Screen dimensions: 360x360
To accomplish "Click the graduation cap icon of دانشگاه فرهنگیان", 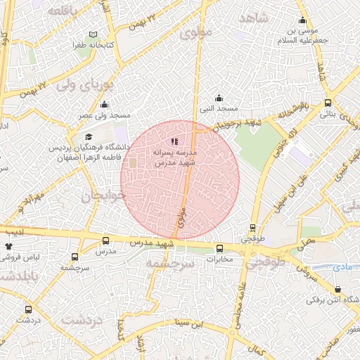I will pos(88,137).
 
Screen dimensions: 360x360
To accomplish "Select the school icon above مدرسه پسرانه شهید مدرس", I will pos(174,141).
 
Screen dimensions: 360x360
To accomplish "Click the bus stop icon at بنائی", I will pos(328,102).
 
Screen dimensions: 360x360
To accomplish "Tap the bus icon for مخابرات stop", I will pos(219,248).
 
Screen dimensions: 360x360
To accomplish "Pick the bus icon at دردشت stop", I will pos(28,309).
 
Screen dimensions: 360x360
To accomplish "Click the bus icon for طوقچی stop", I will pos(253,228).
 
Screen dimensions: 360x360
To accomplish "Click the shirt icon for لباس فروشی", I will pos(9,247).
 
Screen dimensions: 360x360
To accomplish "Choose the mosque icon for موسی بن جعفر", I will pos(303,20).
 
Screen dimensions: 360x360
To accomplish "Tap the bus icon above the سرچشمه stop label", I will pos(73,257).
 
